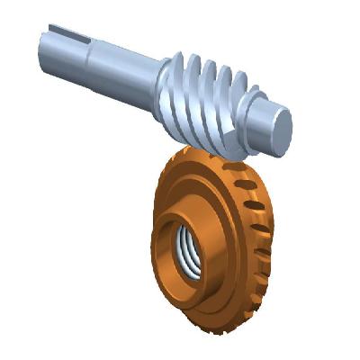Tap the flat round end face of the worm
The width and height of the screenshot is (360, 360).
(280, 127)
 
